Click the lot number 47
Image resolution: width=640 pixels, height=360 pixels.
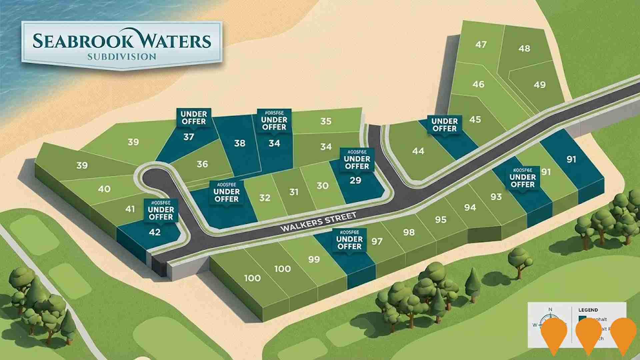click(x=481, y=44)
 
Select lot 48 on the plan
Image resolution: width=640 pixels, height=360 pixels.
click(x=524, y=48)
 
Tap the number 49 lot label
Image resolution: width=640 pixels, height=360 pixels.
click(x=540, y=85)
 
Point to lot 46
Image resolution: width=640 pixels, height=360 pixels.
click(x=478, y=84)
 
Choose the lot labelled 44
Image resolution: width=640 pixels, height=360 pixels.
click(x=418, y=151)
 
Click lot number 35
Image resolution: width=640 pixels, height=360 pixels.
click(x=326, y=121)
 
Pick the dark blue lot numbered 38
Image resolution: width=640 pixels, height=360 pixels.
click(x=240, y=143)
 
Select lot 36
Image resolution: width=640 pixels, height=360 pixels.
click(x=202, y=164)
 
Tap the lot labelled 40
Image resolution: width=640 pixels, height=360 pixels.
click(x=104, y=189)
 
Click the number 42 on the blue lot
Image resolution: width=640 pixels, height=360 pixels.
click(x=155, y=232)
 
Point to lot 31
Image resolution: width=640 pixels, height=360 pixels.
click(x=294, y=192)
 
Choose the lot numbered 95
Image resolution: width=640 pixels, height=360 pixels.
click(x=441, y=220)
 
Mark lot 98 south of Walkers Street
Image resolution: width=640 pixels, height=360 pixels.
click(x=409, y=232)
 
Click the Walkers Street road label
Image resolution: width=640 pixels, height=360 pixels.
click(x=319, y=222)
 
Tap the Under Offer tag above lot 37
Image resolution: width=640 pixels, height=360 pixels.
click(x=194, y=118)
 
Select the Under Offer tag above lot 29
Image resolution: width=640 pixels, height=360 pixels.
click(x=357, y=162)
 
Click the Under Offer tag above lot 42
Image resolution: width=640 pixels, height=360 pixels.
click(x=161, y=213)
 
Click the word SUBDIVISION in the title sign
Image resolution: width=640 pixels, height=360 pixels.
click(x=122, y=57)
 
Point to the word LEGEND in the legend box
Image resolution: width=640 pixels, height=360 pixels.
click(x=588, y=310)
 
